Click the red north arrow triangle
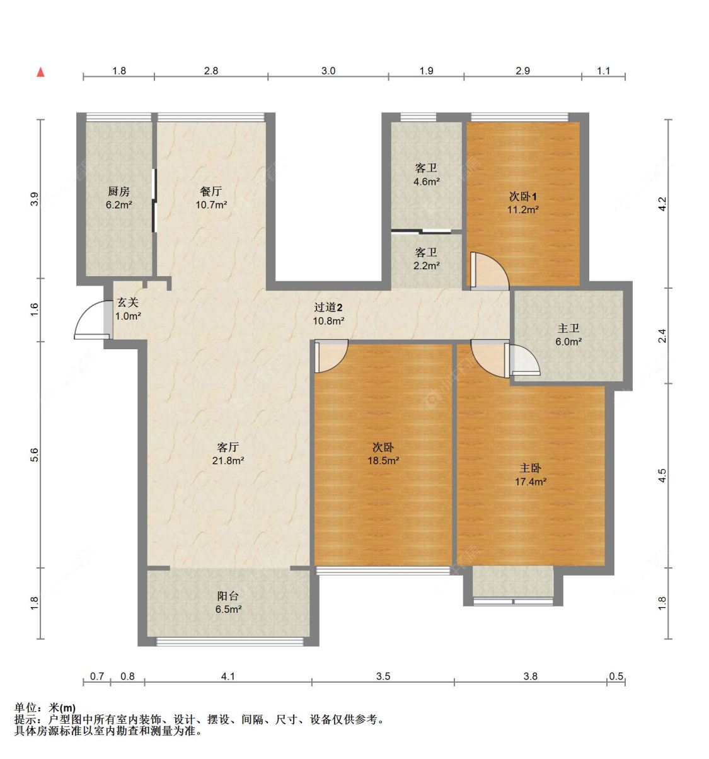[40, 72]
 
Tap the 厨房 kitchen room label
[119, 191]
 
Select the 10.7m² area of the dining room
[211, 205]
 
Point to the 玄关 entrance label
[128, 303]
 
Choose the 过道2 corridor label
[328, 307]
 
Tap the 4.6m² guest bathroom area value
[427, 182]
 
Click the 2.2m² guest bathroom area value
[427, 265]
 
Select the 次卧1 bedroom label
[523, 197]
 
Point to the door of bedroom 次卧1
[489, 270]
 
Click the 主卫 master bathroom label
[568, 328]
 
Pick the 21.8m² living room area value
[228, 461]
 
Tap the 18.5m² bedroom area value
[383, 461]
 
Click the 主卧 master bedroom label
[530, 468]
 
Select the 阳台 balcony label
[228, 596]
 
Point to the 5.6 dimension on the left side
[35, 455]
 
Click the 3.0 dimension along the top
[328, 71]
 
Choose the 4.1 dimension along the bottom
[228, 676]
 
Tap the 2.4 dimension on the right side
[662, 335]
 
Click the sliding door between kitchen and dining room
[154, 200]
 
